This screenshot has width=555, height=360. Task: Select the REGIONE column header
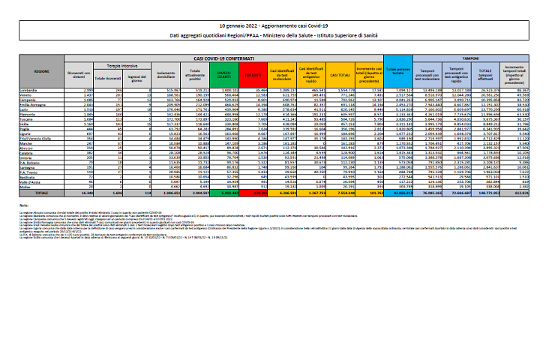[41, 70]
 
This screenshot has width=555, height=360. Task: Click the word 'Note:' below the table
[25, 203]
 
